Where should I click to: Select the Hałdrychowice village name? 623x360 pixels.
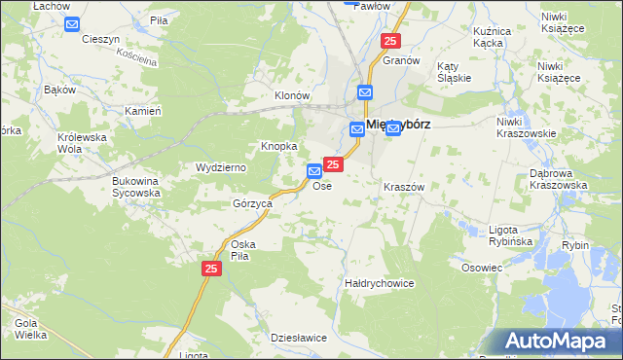pos(380,283)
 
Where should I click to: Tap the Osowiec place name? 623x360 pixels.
pos(482,268)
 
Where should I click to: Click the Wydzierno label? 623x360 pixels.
pos(221,168)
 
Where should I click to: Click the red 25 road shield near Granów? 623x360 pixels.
pos(390,41)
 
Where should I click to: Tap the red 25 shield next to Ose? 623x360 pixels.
pos(333,165)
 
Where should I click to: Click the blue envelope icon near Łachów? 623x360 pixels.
pos(72,23)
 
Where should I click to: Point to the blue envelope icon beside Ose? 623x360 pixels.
pos(314,171)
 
